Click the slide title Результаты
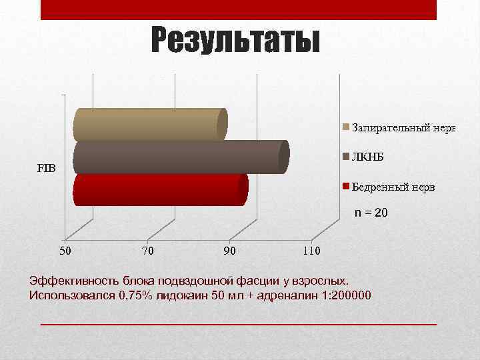[x=235, y=41]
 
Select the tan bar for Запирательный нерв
[x=150, y=125]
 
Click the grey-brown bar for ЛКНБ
[x=180, y=157]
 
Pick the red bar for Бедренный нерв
[x=160, y=190]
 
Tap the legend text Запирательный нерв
[x=403, y=127]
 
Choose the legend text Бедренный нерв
[x=393, y=187]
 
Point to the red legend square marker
[x=345, y=187]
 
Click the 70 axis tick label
[x=149, y=251]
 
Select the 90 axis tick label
[x=230, y=251]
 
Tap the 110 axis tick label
[x=311, y=251]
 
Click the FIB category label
[x=47, y=168]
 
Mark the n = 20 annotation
[x=371, y=213]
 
